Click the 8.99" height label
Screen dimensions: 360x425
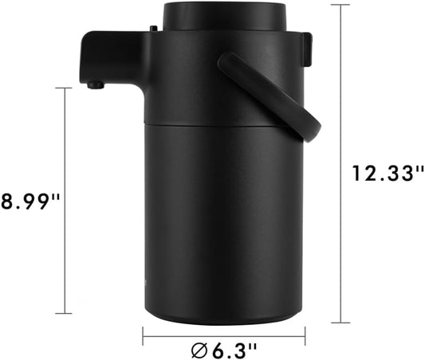30,199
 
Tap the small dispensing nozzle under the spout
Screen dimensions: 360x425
96,84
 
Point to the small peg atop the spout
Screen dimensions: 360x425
151,29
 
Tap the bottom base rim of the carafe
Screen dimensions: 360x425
224,317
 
